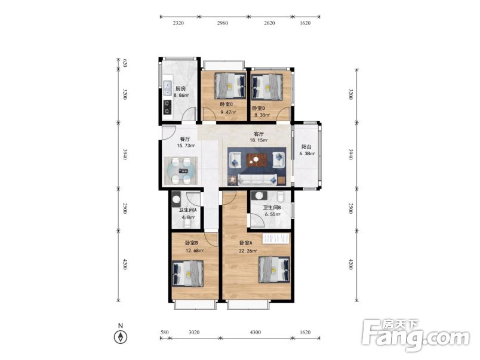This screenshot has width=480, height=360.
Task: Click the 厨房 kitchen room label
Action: pyautogui.click(x=181, y=89)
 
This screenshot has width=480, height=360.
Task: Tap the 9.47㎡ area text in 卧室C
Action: pyautogui.click(x=229, y=112)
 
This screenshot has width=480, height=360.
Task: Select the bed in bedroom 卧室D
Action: pyautogui.click(x=267, y=87)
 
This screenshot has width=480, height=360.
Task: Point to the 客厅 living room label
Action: pyautogui.click(x=259, y=134)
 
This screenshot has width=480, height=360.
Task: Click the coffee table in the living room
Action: pyautogui.click(x=257, y=160)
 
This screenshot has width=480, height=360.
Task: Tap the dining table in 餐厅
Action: pyautogui.click(x=181, y=171)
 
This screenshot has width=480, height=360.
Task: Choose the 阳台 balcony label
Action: pyautogui.click(x=306, y=147)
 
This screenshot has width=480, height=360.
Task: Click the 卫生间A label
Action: pyautogui.click(x=187, y=210)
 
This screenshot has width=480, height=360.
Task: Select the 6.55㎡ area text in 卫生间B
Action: pyautogui.click(x=272, y=214)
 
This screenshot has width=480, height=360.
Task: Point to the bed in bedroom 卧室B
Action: pyautogui.click(x=188, y=273)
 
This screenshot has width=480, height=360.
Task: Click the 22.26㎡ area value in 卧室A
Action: pyautogui.click(x=248, y=251)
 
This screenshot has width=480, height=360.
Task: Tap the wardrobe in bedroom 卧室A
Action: pyautogui.click(x=276, y=238)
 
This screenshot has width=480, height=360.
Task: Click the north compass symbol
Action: pyautogui.click(x=121, y=337)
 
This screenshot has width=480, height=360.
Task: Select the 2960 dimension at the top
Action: pyautogui.click(x=223, y=23)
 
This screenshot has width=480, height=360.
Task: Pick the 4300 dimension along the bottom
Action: pyautogui.click(x=256, y=332)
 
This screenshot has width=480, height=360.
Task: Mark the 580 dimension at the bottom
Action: pyautogui.click(x=164, y=332)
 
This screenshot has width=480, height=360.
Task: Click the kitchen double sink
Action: pyautogui.click(x=167, y=88)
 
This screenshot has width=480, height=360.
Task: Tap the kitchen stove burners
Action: pyautogui.click(x=167, y=107)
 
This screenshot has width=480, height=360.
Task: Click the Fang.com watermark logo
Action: pyautogui.click(x=416, y=335)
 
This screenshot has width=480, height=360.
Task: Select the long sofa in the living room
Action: pyautogui.click(x=257, y=180)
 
